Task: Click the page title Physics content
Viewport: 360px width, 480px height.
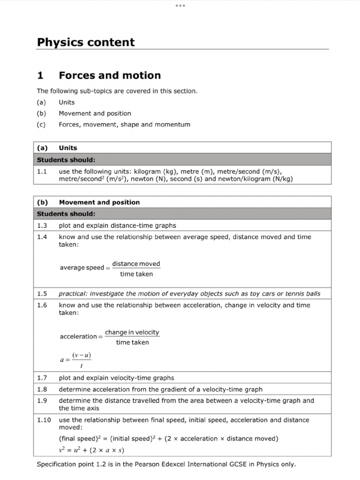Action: point(86,42)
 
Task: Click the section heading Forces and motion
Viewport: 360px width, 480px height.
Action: point(110,75)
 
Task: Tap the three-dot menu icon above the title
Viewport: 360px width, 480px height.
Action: point(180,6)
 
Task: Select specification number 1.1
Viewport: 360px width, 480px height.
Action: point(42,172)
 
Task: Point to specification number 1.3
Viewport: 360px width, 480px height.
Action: point(42,225)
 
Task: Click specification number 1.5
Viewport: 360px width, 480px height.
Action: point(42,293)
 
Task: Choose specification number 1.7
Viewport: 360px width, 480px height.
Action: point(42,378)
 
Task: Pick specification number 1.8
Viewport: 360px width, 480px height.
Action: point(42,389)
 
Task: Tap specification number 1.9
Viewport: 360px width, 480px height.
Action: point(42,401)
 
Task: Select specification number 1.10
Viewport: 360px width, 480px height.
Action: point(44,420)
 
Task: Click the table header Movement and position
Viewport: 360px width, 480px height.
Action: point(99,202)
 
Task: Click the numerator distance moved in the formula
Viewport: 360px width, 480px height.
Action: point(136,264)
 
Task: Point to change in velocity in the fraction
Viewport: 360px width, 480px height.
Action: point(132,332)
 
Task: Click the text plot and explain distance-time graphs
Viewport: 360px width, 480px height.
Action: point(117,225)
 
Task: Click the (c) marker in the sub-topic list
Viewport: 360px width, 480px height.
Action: point(41,125)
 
